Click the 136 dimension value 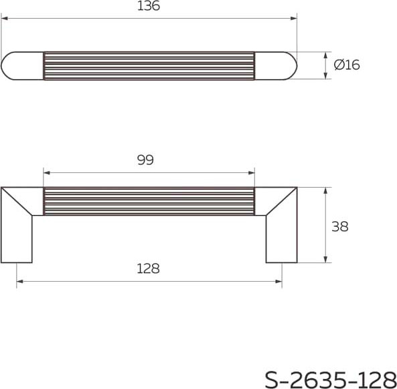tap(148, 7)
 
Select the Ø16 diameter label tap(347, 65)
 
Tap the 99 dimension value tap(145, 160)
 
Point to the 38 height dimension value tap(340, 226)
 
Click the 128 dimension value tap(148, 268)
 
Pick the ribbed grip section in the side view tap(149, 201)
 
